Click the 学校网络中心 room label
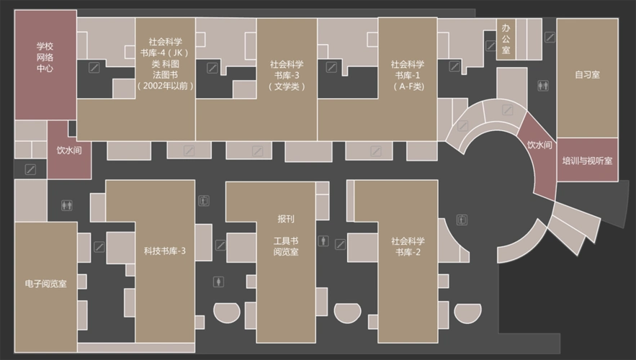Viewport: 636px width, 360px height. pos(45,58)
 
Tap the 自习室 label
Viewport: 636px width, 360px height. pos(587,75)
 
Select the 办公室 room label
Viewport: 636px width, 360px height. pos(506,39)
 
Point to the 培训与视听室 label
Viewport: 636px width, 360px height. pos(587,161)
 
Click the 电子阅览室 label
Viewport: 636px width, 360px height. pos(45,284)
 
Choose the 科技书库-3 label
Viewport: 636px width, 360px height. pos(165,251)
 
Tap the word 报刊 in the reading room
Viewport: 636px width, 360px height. pos(285,218)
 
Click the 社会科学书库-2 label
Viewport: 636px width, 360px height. pos(408,246)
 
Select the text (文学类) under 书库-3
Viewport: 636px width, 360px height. pos(287,86)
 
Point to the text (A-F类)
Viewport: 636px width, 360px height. pos(408,86)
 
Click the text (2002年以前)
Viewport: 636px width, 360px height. pos(165,85)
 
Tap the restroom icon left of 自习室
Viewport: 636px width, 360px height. pos(543,86)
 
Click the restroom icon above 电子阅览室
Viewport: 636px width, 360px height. pos(67,204)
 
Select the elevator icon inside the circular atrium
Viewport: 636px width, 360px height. pos(462,220)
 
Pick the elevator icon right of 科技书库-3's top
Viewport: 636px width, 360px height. pos(205,200)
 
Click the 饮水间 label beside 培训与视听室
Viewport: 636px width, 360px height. pos(539,145)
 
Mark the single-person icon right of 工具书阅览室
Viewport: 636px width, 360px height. pos(323,240)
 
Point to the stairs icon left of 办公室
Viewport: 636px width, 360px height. pos(490,45)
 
